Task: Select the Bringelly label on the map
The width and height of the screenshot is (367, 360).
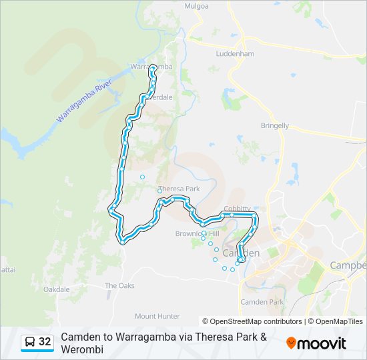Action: pos(275,125)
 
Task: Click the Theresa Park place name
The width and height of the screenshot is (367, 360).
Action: pos(179,189)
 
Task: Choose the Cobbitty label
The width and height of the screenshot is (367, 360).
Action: pos(238,208)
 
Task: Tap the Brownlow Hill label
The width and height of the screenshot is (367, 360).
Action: pos(197,233)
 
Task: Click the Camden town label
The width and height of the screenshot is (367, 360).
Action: pos(240,253)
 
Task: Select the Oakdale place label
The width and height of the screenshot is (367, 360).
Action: pos(56,289)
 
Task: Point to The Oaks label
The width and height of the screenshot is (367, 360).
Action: pos(119,285)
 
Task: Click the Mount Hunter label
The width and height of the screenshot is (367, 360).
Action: pos(157,316)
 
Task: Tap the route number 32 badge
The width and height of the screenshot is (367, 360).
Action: pos(45,342)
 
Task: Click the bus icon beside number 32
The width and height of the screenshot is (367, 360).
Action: pos(30,342)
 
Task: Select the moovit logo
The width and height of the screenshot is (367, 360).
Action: pos(316,343)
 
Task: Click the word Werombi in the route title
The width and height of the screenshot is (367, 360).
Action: pos(82,349)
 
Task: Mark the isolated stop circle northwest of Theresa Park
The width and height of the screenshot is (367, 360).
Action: pos(142,177)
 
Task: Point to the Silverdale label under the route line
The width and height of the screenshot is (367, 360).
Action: pos(162,97)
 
